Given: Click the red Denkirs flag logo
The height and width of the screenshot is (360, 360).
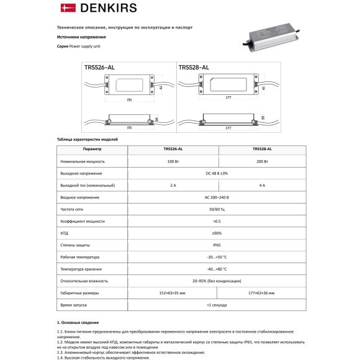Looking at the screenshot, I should click(x=65, y=8).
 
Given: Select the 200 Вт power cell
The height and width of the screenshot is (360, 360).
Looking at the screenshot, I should click(x=261, y=161).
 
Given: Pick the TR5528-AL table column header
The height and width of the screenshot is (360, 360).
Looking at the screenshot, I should click(x=261, y=150).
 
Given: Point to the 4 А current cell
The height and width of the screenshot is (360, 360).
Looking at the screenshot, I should click(x=261, y=185).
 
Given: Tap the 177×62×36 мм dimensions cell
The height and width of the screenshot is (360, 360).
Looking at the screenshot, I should click(x=261, y=293).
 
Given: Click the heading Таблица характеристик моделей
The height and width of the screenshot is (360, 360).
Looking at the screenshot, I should click(x=87, y=140).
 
